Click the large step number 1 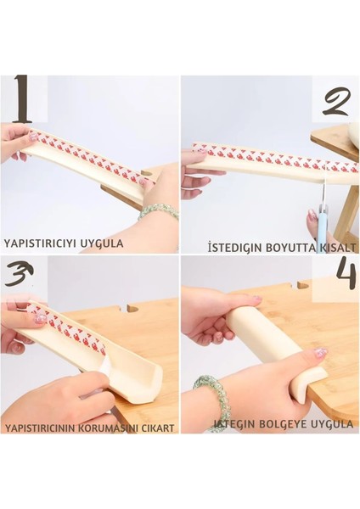tap(22, 99)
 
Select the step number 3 tap(20, 274)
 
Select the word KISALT tap(338, 248)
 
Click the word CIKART tap(158, 428)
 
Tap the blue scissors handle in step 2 tap(323, 221)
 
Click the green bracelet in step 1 tap(158, 211)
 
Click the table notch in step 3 tap(129, 308)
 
